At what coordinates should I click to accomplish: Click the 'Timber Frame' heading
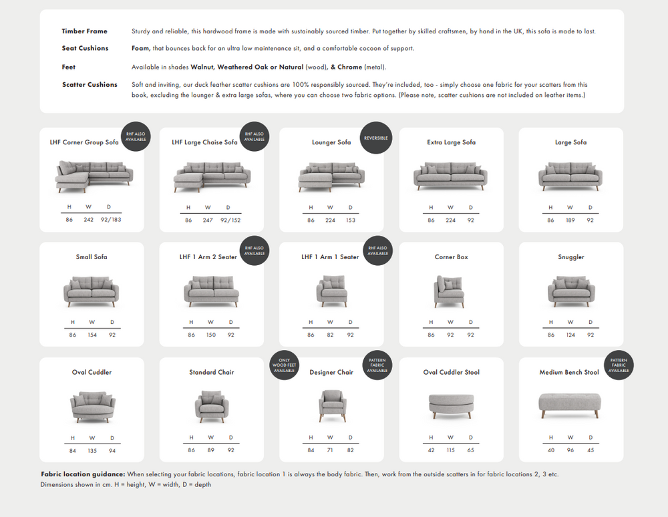coord(84,31)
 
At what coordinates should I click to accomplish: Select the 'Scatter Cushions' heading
coord(90,85)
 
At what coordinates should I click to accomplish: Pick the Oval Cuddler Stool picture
coord(451,405)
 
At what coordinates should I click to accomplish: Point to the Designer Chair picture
coord(331,405)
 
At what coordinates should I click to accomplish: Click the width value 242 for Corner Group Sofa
coord(89,220)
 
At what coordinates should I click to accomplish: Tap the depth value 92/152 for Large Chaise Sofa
coord(231,220)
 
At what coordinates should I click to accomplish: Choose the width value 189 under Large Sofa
coord(570,220)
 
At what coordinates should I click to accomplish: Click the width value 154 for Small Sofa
coord(92,335)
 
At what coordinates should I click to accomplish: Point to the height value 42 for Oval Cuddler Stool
coord(431,450)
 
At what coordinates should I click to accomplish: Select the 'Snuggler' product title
coord(571,257)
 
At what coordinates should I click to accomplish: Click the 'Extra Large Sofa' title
coord(452,142)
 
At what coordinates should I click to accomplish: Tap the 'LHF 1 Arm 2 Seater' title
coord(208,257)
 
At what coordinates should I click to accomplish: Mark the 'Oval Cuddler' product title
coord(92,372)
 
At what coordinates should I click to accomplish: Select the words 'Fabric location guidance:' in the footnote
coord(83,474)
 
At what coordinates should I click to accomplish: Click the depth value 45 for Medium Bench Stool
coord(591,450)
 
